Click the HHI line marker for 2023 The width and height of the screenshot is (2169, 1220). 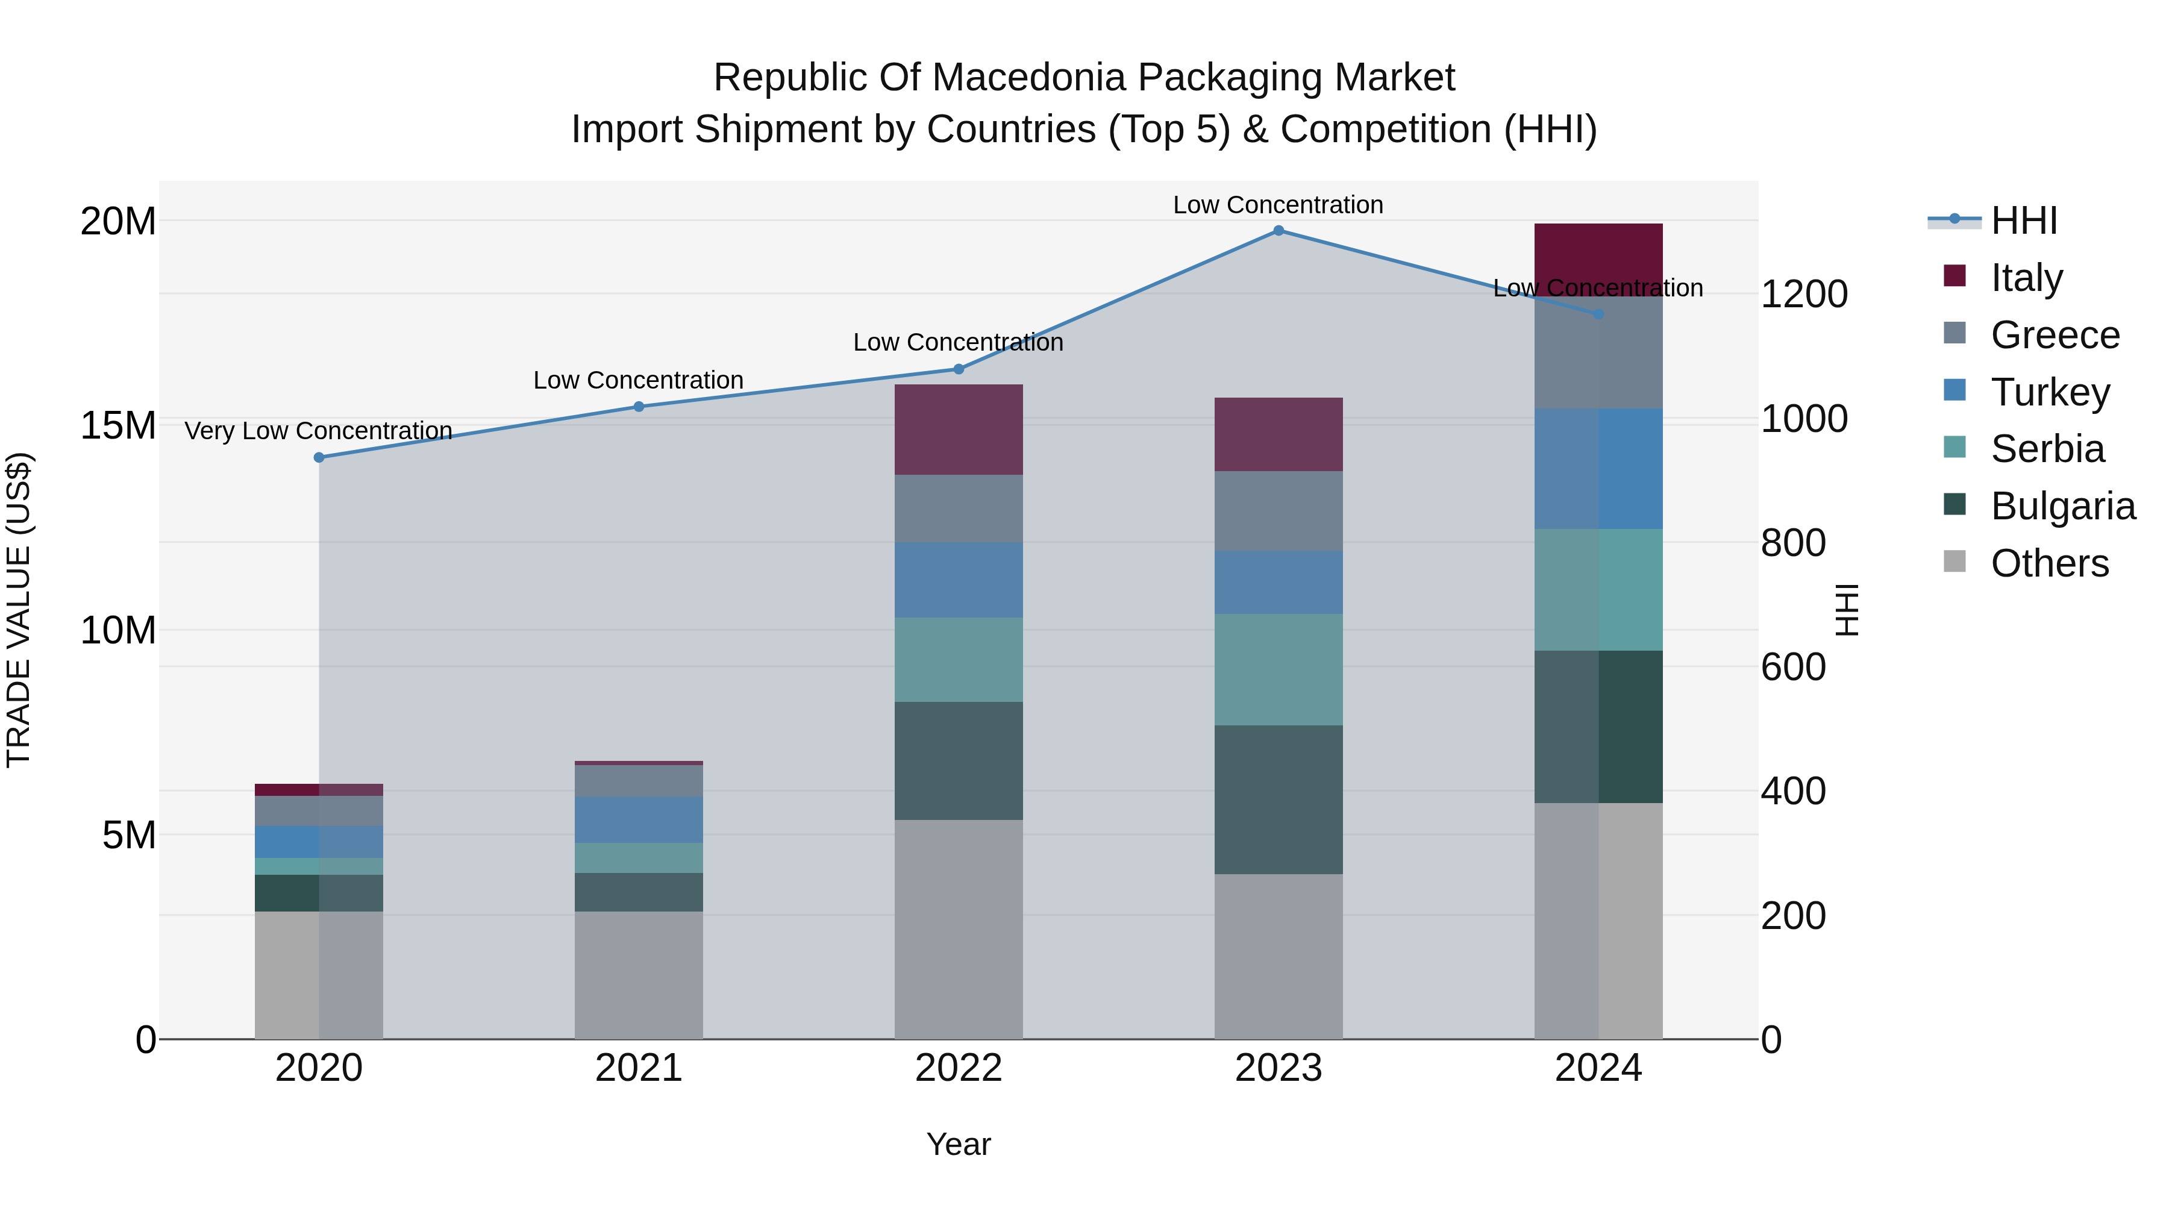1278,231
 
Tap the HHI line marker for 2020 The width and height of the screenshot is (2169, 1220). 319,457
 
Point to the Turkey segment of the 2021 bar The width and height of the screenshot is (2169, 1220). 638,819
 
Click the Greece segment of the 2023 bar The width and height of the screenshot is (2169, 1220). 1278,510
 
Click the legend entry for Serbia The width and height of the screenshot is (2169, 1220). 2046,449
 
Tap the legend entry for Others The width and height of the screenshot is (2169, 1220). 2048,563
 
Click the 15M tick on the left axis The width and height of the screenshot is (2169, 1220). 118,425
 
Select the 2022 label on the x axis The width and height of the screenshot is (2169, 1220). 958,1068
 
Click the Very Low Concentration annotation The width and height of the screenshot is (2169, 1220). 318,431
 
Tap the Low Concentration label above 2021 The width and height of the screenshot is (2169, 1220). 638,381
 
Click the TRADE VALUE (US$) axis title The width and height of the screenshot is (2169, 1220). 19,610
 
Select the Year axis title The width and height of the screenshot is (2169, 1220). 958,1144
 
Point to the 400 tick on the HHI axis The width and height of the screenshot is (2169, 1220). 1794,792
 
